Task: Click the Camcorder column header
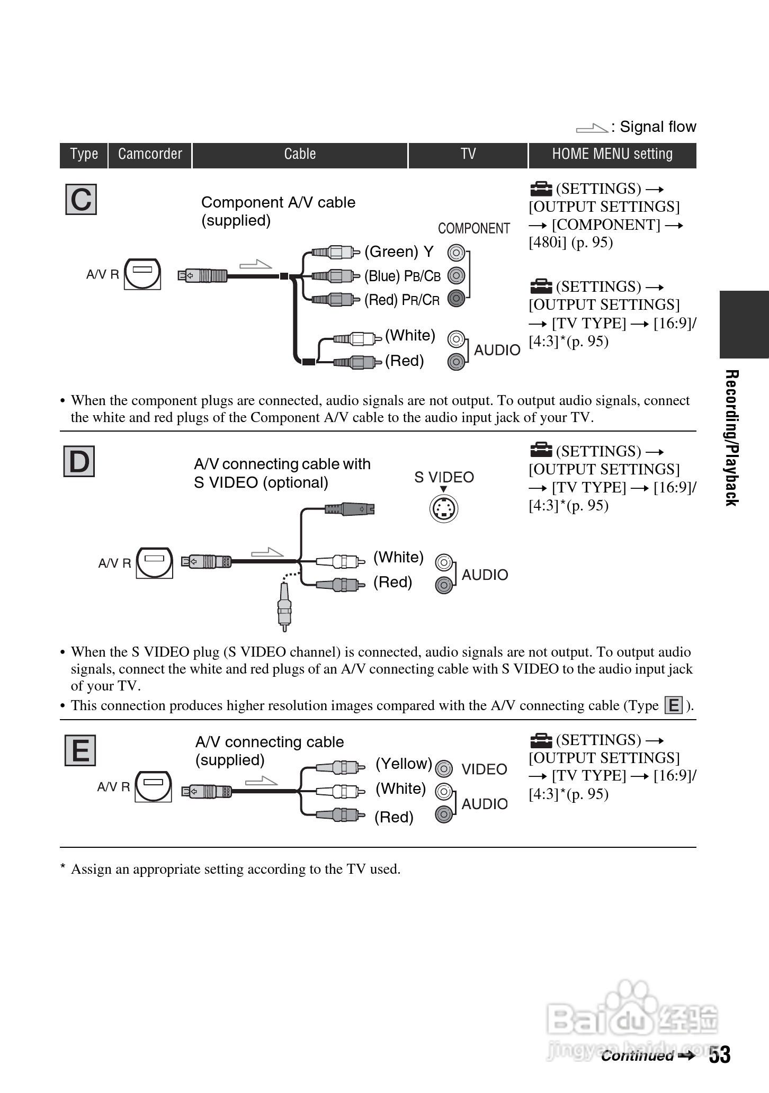coord(150,154)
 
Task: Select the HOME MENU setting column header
coord(612,154)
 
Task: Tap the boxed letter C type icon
coord(81,200)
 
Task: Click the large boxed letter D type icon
coord(79,461)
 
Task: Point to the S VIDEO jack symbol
coord(443,509)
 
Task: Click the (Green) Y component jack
coord(456,252)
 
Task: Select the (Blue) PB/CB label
coord(403,276)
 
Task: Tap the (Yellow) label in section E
coord(404,764)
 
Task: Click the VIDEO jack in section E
coord(444,768)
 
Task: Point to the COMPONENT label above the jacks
coord(474,228)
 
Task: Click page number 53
coord(720,1055)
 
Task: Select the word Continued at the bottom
coord(637,1056)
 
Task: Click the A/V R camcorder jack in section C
coord(142,274)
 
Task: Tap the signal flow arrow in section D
coord(267,552)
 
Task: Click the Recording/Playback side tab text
coord(731,437)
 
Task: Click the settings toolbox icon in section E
coord(541,739)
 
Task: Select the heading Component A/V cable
coord(278,203)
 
